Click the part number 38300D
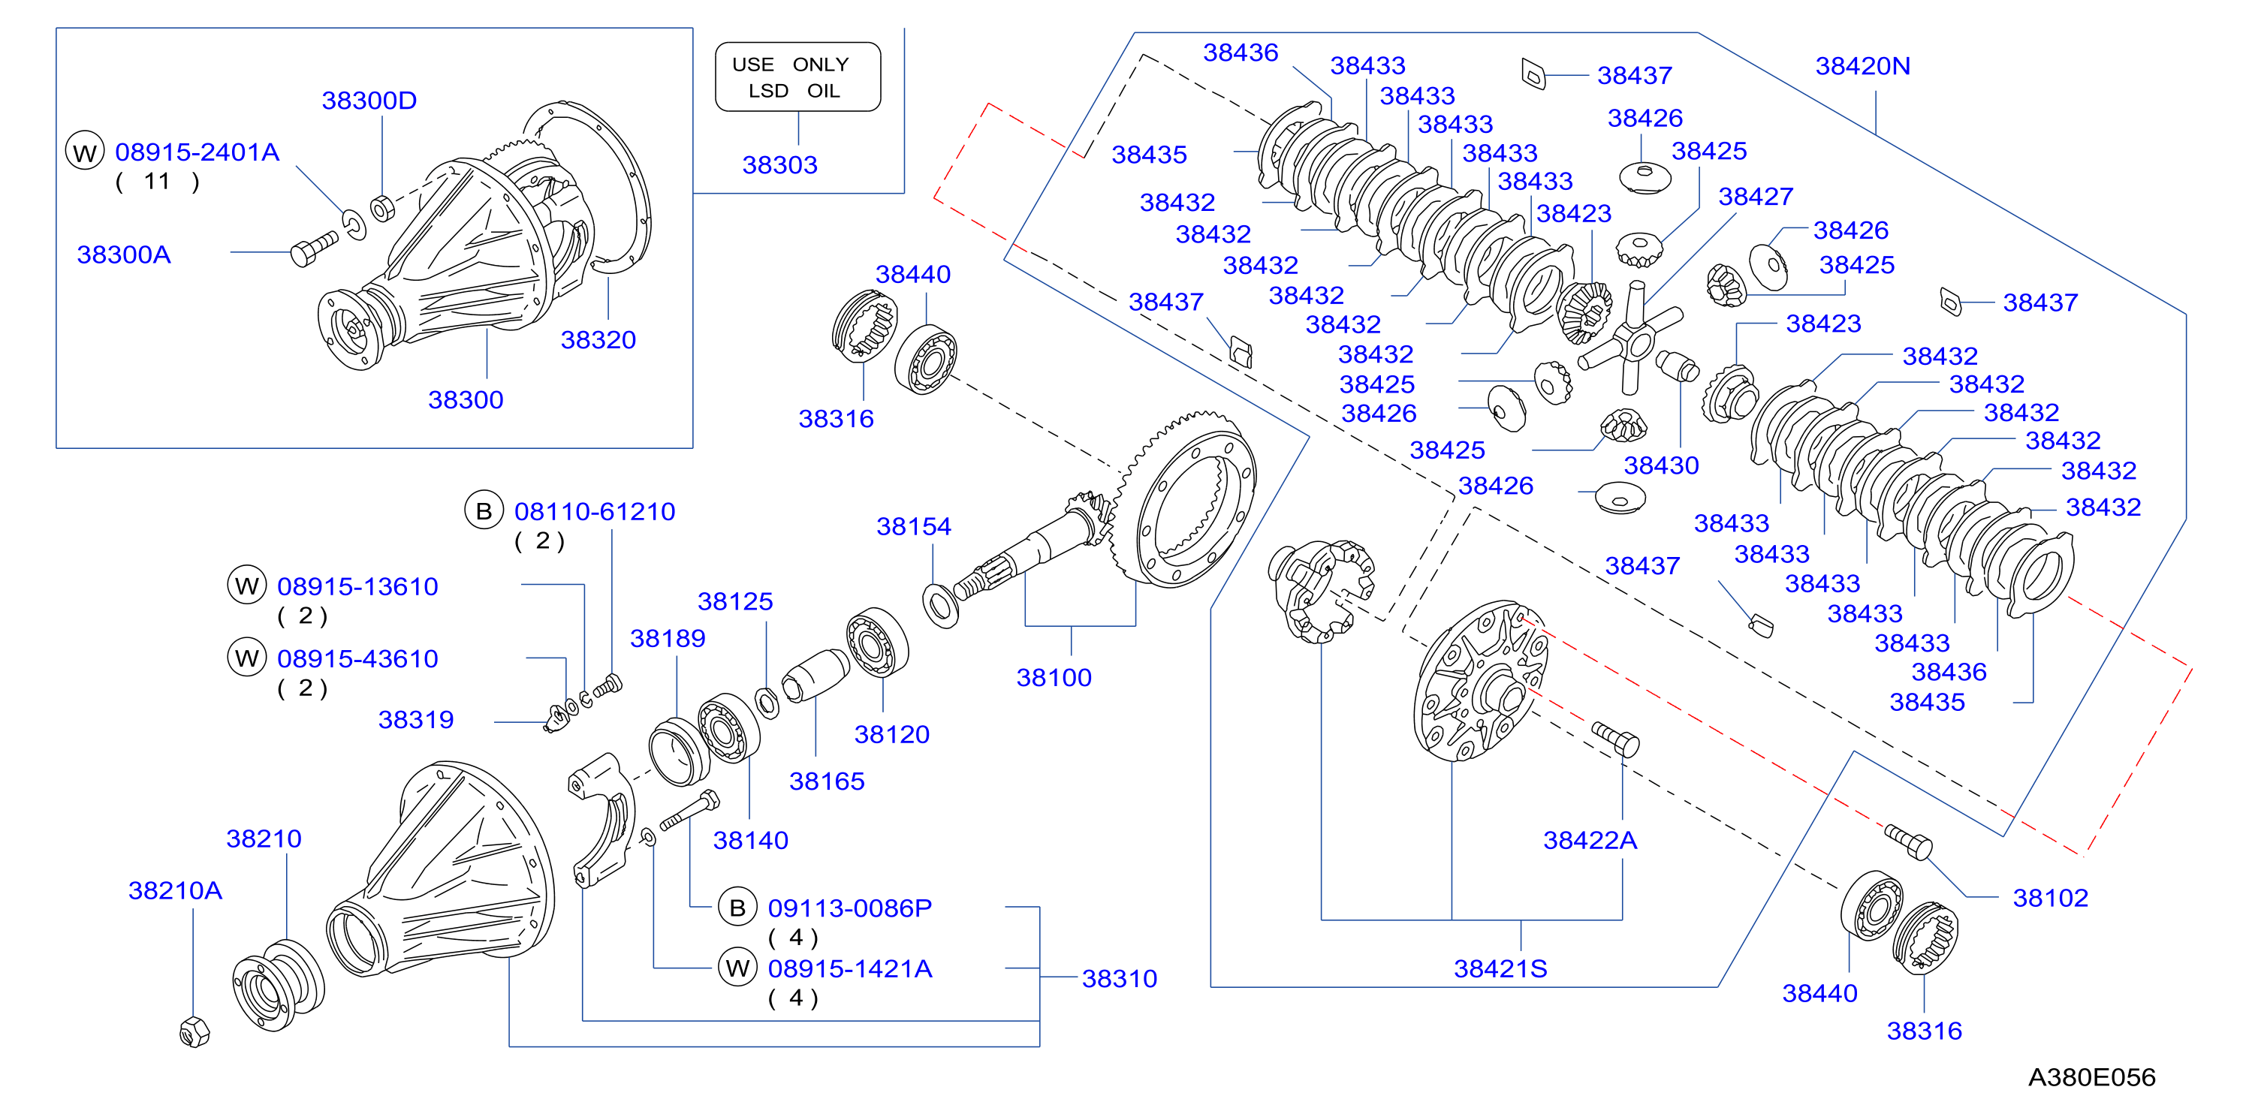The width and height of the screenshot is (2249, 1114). click(369, 101)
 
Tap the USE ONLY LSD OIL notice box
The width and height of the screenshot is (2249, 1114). click(798, 77)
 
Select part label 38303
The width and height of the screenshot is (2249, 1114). click(779, 165)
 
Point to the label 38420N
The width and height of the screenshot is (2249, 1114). click(1862, 65)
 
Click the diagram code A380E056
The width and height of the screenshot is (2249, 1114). click(2091, 1076)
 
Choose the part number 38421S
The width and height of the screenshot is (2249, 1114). click(1500, 968)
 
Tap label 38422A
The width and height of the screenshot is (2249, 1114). click(1590, 840)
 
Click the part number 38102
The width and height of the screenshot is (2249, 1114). click(2050, 898)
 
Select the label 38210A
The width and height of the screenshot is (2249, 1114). click(175, 890)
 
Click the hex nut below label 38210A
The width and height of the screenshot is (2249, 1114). click(194, 1032)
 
